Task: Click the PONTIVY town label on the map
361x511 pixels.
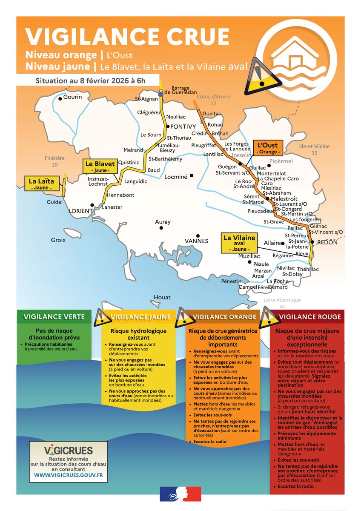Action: tap(183, 126)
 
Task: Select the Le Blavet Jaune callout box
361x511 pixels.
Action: tap(95, 167)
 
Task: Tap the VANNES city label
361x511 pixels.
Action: tap(196, 241)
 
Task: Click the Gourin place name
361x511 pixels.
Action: tap(73, 97)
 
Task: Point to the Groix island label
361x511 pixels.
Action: tap(58, 240)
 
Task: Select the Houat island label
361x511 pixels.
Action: tap(162, 297)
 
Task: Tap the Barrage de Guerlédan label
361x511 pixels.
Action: tap(180, 90)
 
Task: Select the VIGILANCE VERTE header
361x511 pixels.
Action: tap(54, 316)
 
